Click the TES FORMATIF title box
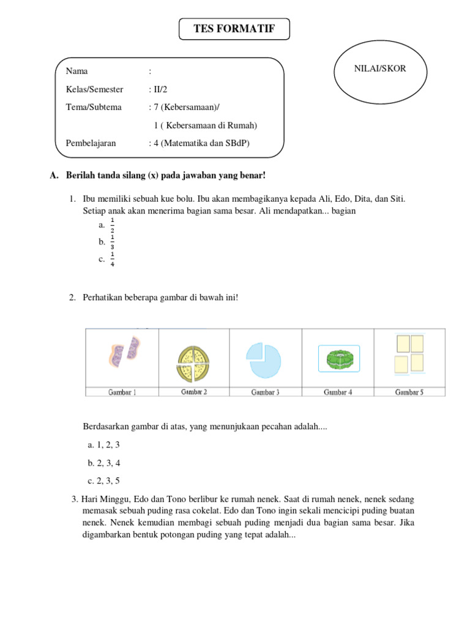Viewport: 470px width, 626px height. pyautogui.click(x=234, y=29)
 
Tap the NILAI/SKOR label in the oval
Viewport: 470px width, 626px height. pyautogui.click(x=380, y=69)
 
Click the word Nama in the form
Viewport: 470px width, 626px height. pyautogui.click(x=76, y=72)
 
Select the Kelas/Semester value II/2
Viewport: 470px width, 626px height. pyautogui.click(x=158, y=89)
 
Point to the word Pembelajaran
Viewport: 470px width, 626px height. pyautogui.click(x=91, y=143)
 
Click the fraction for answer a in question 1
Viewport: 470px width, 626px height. pyautogui.click(x=113, y=225)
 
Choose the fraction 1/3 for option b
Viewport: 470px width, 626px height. pyautogui.click(x=113, y=242)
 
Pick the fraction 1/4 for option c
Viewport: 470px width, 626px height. pyautogui.click(x=113, y=259)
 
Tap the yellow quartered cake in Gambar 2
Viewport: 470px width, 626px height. pyautogui.click(x=193, y=361)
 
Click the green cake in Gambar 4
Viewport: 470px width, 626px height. pyautogui.click(x=337, y=358)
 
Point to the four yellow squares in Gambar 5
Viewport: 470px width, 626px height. pyautogui.click(x=409, y=354)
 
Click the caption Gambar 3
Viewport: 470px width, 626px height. pyautogui.click(x=266, y=392)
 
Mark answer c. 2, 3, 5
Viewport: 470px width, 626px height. pyautogui.click(x=104, y=481)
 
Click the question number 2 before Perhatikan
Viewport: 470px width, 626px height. pyautogui.click(x=72, y=297)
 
